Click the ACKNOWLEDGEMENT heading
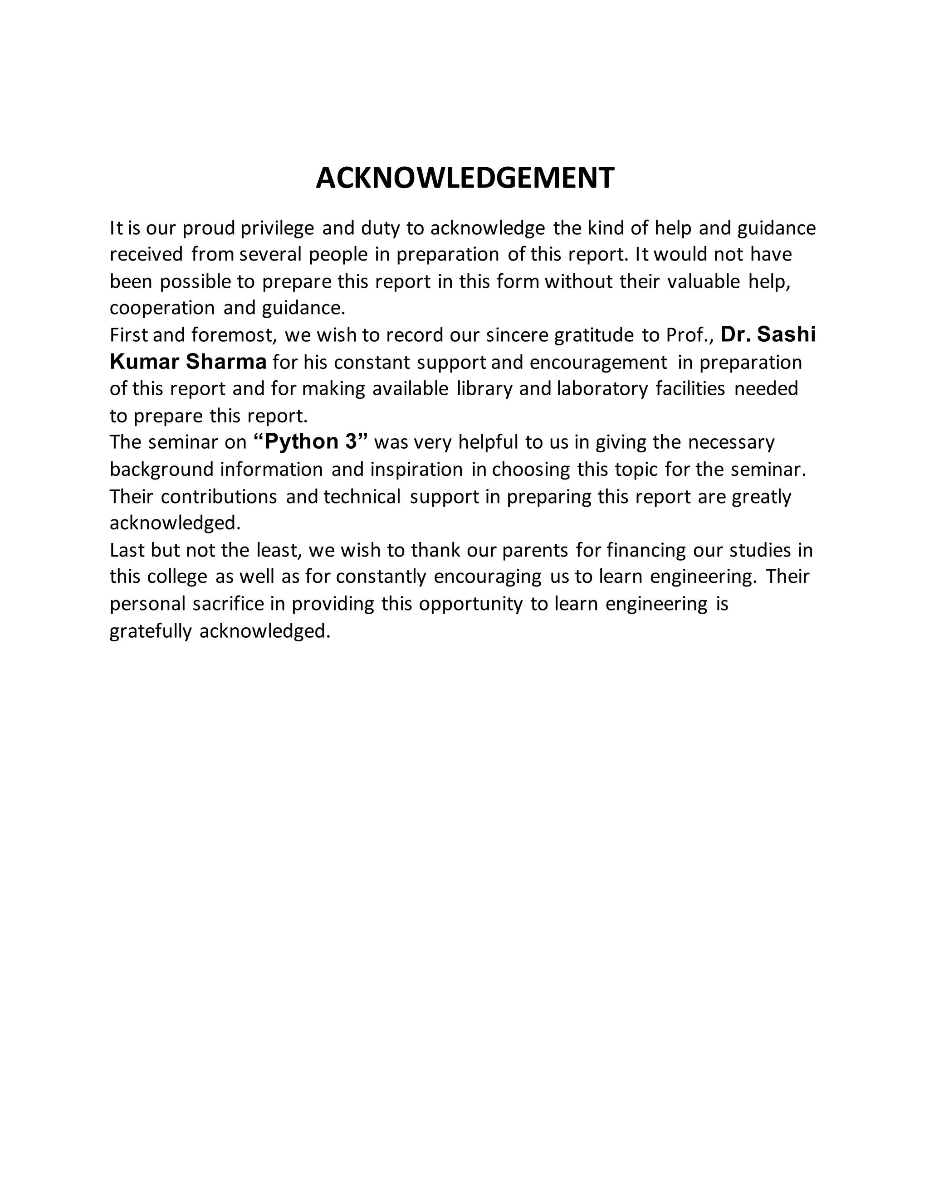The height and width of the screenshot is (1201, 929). point(464,178)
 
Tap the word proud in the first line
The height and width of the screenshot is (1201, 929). point(209,228)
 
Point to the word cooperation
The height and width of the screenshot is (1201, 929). point(162,308)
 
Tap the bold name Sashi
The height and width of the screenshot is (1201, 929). point(787,334)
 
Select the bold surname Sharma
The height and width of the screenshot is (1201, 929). point(226,362)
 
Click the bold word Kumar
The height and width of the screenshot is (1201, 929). point(145,362)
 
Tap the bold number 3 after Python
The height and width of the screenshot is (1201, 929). point(352,442)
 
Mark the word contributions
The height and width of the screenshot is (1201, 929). point(219,497)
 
